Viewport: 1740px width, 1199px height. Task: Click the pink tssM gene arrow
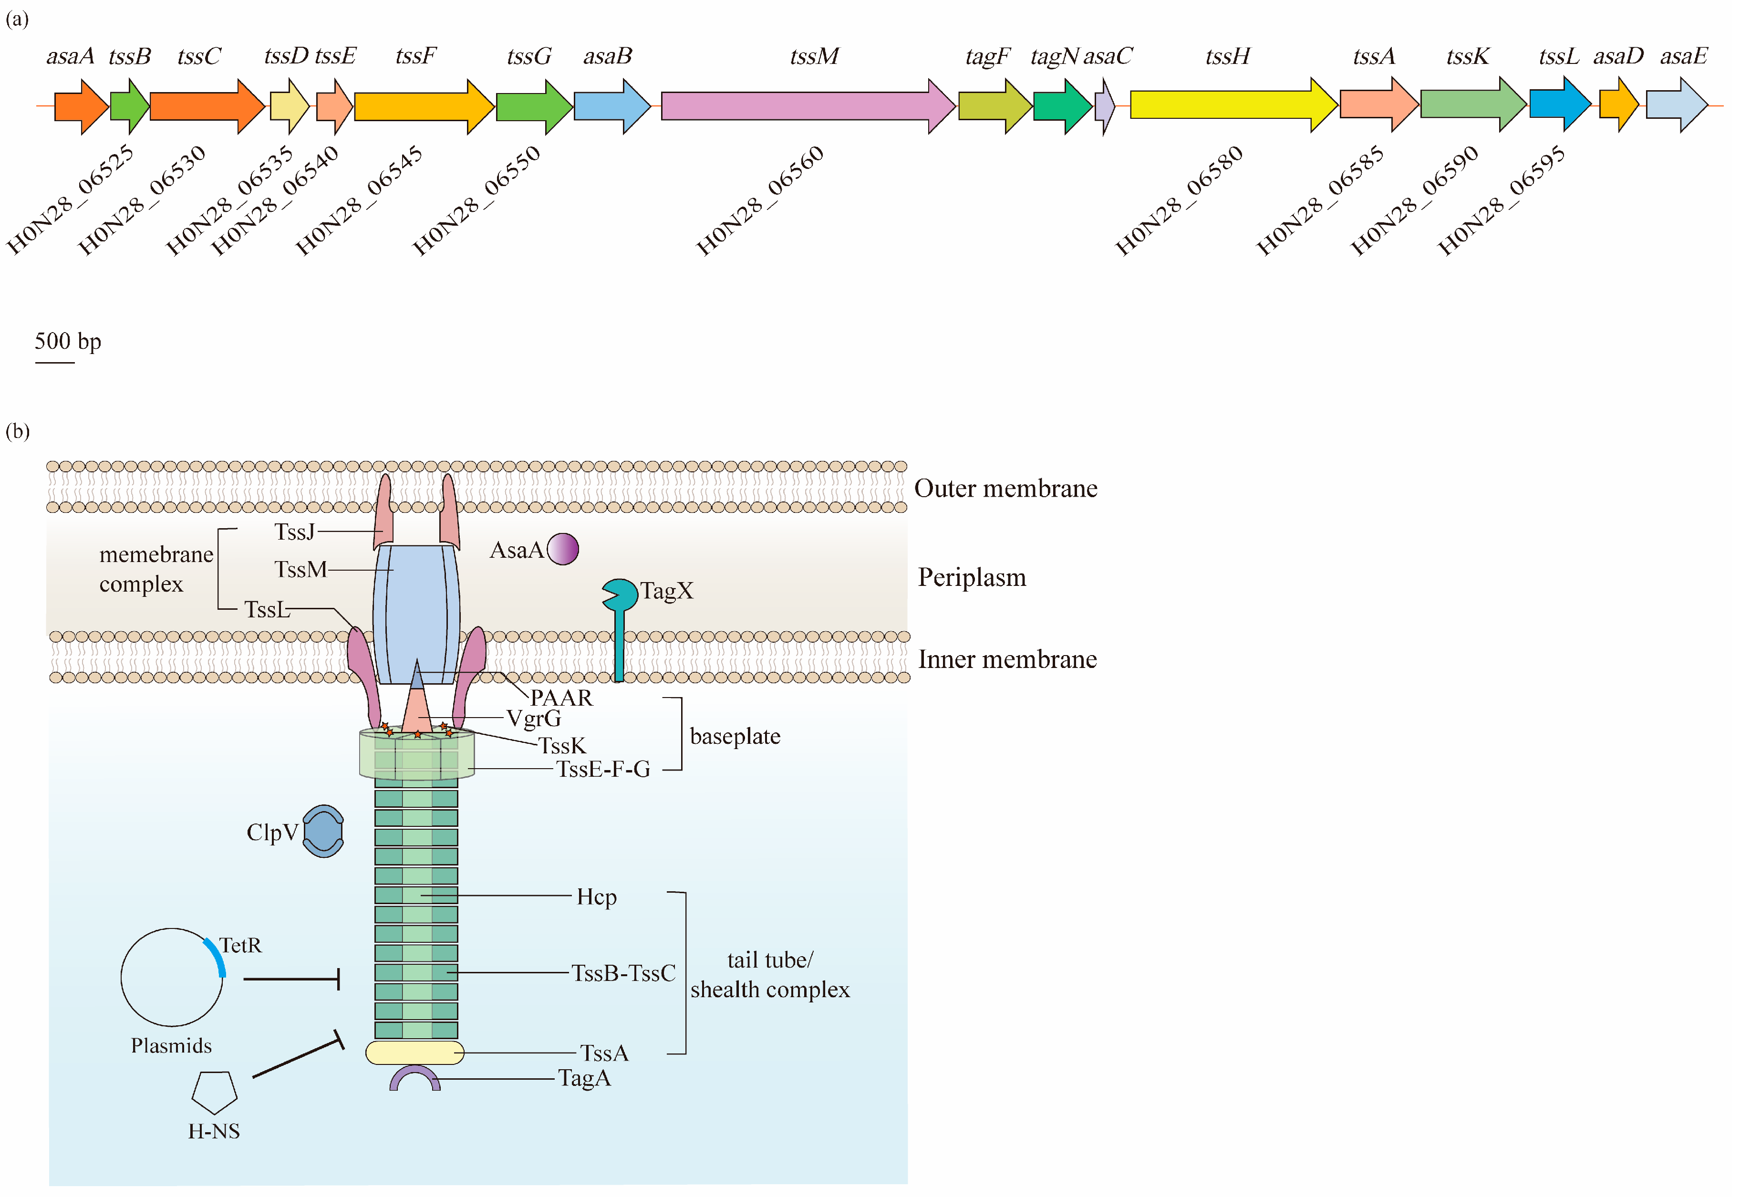[x=808, y=106]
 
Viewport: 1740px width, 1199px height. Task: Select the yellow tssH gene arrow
[x=1233, y=104]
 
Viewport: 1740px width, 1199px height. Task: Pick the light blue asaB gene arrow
[x=612, y=106]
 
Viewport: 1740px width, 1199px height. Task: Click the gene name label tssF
[x=416, y=56]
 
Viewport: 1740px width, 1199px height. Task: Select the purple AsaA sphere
[x=562, y=548]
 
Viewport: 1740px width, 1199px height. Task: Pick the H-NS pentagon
[x=215, y=1092]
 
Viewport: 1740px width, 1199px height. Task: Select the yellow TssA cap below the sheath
[x=414, y=1053]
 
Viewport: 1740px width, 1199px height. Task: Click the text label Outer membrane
[x=1005, y=488]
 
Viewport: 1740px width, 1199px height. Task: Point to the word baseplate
[x=735, y=736]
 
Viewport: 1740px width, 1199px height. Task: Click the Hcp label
[x=596, y=897]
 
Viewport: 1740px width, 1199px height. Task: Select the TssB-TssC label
[x=623, y=973]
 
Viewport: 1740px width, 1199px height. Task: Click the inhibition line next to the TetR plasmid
[x=292, y=979]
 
